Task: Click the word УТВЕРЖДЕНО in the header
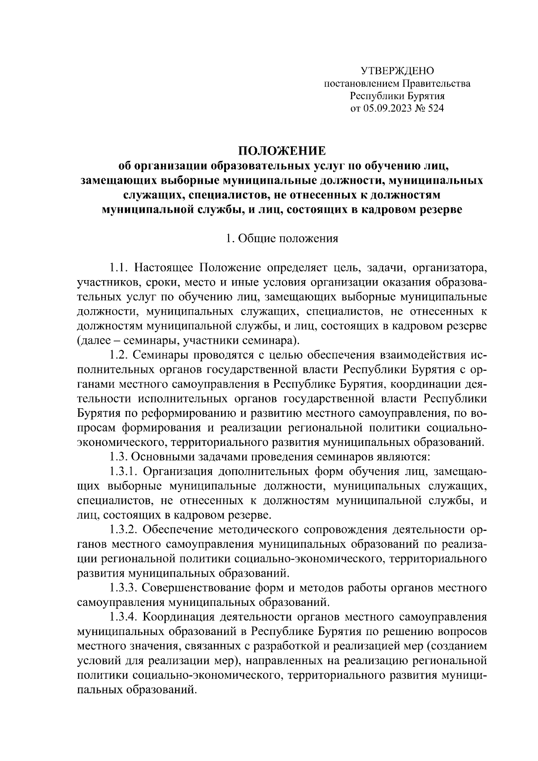(x=397, y=71)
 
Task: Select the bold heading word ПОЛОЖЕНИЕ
(x=282, y=151)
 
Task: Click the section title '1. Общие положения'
(x=282, y=238)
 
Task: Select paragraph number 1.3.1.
(x=124, y=471)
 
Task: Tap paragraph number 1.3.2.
(x=124, y=530)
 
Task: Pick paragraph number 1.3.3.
(x=124, y=588)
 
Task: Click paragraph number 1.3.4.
(x=124, y=617)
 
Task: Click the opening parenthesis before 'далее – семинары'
(x=79, y=341)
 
